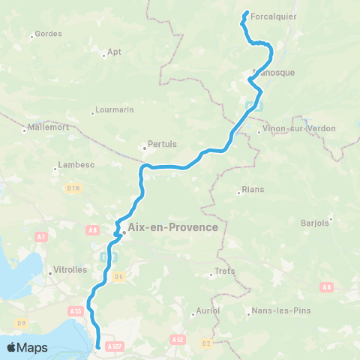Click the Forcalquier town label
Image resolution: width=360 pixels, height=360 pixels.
point(274,15)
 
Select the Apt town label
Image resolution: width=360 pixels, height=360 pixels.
point(115,52)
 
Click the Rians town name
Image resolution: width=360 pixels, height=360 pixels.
point(253,190)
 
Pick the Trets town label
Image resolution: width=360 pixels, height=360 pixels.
point(225,271)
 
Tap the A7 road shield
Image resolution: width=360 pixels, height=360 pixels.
point(42,238)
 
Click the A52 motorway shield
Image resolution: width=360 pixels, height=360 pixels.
point(177,339)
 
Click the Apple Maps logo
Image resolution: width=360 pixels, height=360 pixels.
point(28,347)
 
